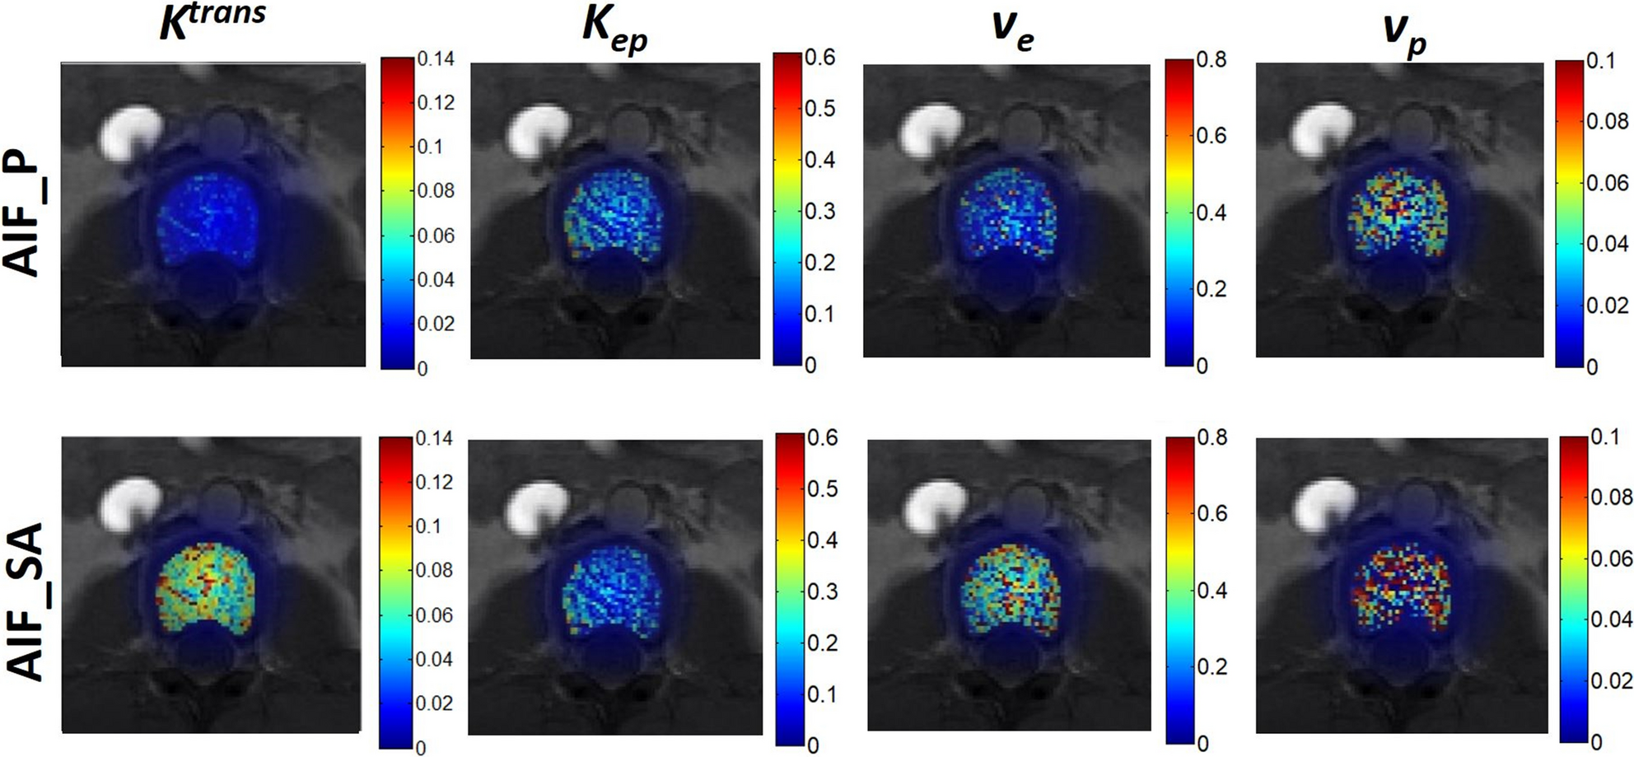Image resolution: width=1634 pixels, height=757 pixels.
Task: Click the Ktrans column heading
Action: click(212, 21)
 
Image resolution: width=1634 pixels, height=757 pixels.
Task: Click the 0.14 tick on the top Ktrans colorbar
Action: click(436, 59)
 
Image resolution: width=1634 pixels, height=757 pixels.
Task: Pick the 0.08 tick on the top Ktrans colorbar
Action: click(436, 191)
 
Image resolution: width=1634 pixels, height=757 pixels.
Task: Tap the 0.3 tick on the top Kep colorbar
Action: click(819, 211)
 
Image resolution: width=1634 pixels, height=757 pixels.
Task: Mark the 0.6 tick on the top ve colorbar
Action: click(1211, 135)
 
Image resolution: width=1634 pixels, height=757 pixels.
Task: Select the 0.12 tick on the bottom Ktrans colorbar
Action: click(434, 482)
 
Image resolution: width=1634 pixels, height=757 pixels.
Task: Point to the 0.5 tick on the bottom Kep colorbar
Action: click(821, 488)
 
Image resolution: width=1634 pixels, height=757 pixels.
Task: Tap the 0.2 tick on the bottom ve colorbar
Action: click(1211, 666)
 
